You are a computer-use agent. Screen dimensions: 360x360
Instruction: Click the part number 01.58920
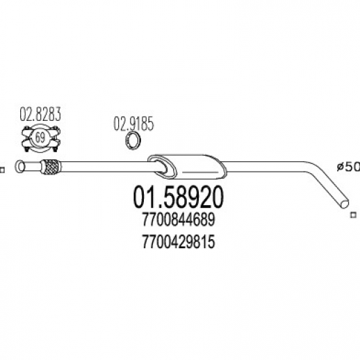click(x=178, y=197)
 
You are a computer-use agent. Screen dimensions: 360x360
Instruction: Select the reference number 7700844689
click(x=179, y=220)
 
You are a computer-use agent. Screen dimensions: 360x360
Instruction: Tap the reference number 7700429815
click(x=179, y=242)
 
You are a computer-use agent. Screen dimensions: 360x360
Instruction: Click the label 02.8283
click(x=40, y=114)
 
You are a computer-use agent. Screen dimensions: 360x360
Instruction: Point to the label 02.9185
click(x=133, y=124)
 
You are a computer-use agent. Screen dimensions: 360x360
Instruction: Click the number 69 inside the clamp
click(x=40, y=138)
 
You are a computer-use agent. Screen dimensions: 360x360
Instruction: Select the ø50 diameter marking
click(x=348, y=167)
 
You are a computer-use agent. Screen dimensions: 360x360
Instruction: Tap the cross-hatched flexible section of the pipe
click(x=51, y=167)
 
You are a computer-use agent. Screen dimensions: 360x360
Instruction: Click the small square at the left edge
click(x=2, y=170)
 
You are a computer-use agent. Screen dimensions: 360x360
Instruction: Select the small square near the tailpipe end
click(x=353, y=215)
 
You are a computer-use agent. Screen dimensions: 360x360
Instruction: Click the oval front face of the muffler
click(x=162, y=167)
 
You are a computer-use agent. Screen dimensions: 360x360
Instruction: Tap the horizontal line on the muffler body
click(x=201, y=172)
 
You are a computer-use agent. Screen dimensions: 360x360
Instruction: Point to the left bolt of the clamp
click(x=27, y=139)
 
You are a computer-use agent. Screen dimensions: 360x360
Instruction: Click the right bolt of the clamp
click(x=55, y=139)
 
